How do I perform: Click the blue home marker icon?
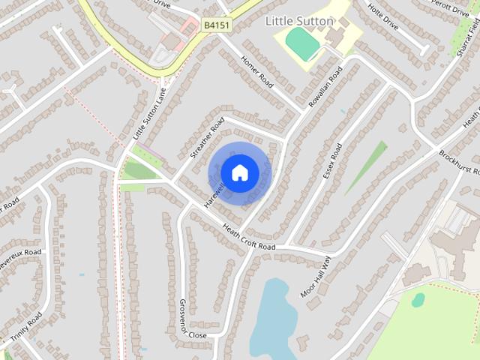[239, 172]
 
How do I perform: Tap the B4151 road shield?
[217, 25]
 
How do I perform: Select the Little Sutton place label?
[299, 21]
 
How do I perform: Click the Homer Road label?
[254, 71]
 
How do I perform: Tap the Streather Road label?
[207, 138]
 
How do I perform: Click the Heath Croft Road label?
[249, 237]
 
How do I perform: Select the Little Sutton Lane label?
[148, 112]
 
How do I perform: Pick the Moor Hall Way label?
[316, 276]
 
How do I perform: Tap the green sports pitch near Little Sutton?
[302, 43]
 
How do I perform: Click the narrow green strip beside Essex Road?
[367, 166]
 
